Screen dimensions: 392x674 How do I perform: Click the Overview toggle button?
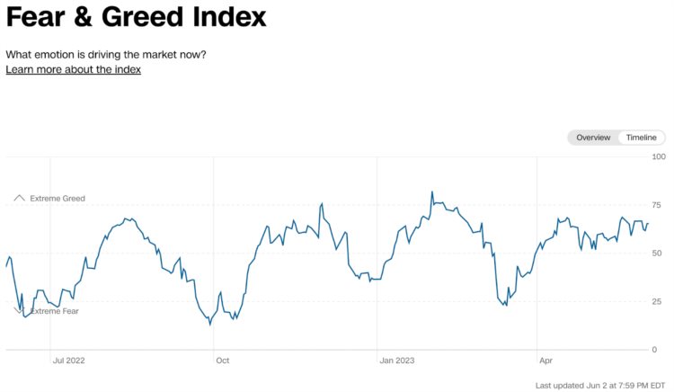pyautogui.click(x=593, y=138)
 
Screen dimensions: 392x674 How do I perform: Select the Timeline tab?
pyautogui.click(x=642, y=138)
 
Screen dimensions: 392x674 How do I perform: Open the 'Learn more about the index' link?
pyautogui.click(x=73, y=69)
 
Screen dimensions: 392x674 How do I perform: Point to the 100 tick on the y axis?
pyautogui.click(x=659, y=157)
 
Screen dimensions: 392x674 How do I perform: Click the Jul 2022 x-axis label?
pyautogui.click(x=69, y=361)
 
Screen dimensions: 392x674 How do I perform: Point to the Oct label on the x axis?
pyautogui.click(x=222, y=361)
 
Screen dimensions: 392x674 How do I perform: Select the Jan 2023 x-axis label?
pyautogui.click(x=396, y=361)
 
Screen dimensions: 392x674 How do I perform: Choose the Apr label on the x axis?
pyautogui.click(x=545, y=361)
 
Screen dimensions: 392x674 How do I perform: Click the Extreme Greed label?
pyautogui.click(x=58, y=198)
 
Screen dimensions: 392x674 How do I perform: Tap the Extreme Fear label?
pyautogui.click(x=55, y=311)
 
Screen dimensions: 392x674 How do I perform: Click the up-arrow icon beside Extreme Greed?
pyautogui.click(x=19, y=197)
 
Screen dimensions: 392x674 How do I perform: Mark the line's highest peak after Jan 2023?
pyautogui.click(x=432, y=192)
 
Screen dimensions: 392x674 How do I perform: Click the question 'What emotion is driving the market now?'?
pyautogui.click(x=106, y=54)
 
